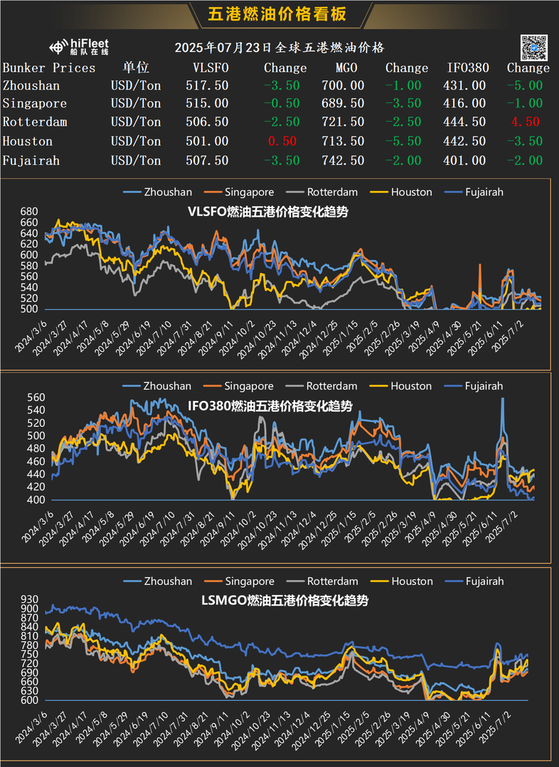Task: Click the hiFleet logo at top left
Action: coord(79,48)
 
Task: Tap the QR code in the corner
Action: coord(534,46)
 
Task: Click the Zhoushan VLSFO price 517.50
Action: coord(211,85)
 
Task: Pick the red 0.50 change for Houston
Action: coord(281,141)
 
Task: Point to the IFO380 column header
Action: coord(467,68)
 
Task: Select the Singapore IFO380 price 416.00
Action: coord(467,104)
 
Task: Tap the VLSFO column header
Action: coord(211,68)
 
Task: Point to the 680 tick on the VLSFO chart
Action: coord(29,212)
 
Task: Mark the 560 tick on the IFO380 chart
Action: coord(29,398)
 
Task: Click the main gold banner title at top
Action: coord(279,14)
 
